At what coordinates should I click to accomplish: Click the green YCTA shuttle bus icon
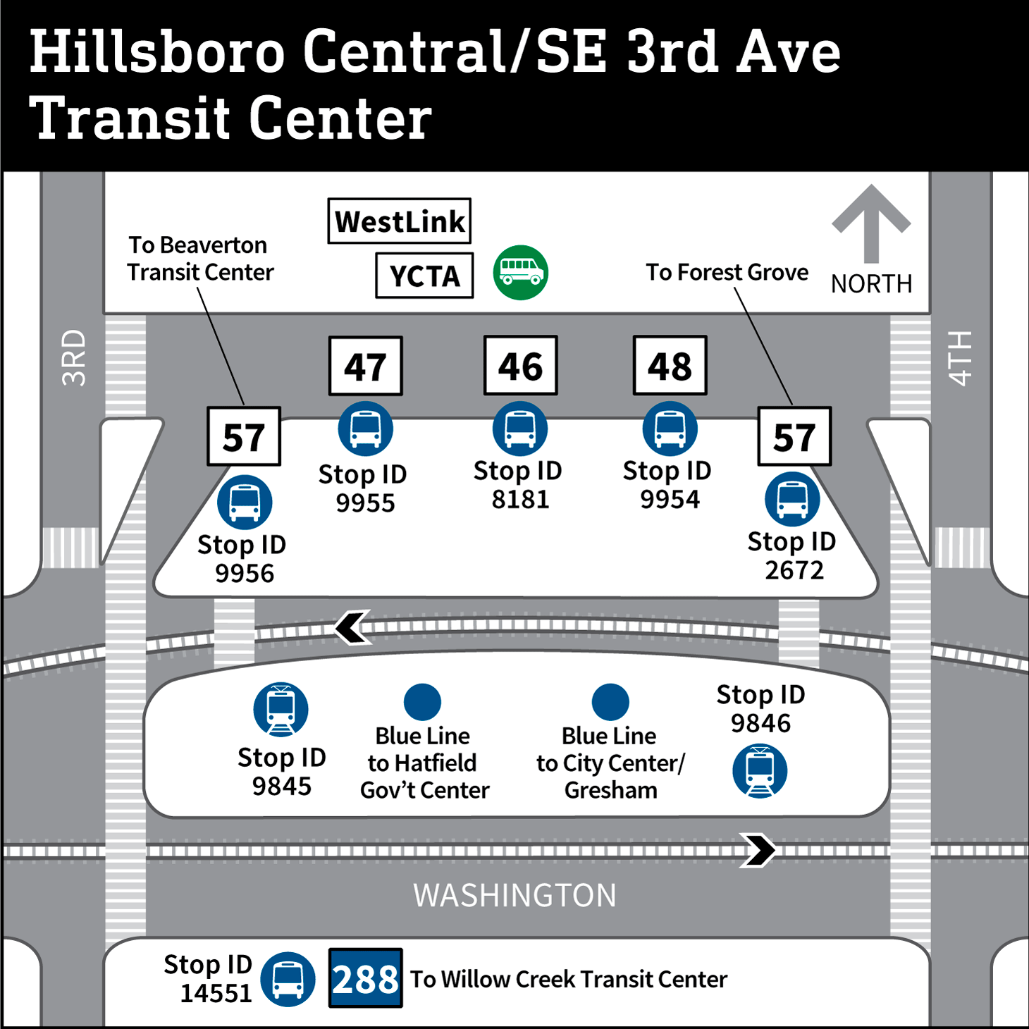(x=520, y=273)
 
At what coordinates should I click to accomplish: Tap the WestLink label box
(x=399, y=221)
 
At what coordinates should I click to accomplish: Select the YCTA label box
(x=424, y=276)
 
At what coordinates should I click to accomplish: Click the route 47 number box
(x=365, y=366)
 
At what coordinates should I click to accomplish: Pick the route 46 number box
(x=520, y=365)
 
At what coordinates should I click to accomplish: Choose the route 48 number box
(x=670, y=365)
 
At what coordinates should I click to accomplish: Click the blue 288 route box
(x=365, y=978)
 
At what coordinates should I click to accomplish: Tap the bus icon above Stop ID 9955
(x=365, y=429)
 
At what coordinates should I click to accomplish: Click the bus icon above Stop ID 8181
(x=520, y=429)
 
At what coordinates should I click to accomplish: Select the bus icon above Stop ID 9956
(x=244, y=502)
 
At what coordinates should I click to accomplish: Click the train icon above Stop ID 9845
(x=281, y=709)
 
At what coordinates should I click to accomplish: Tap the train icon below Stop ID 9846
(x=760, y=771)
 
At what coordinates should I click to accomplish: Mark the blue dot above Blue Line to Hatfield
(x=422, y=702)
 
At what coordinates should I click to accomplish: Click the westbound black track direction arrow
(x=352, y=627)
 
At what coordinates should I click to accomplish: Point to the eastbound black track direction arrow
(x=758, y=850)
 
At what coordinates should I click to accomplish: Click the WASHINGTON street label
(x=514, y=895)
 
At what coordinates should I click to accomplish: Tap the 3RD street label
(x=73, y=357)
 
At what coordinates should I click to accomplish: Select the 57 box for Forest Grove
(x=794, y=436)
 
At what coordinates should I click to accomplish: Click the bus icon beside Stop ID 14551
(x=288, y=979)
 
